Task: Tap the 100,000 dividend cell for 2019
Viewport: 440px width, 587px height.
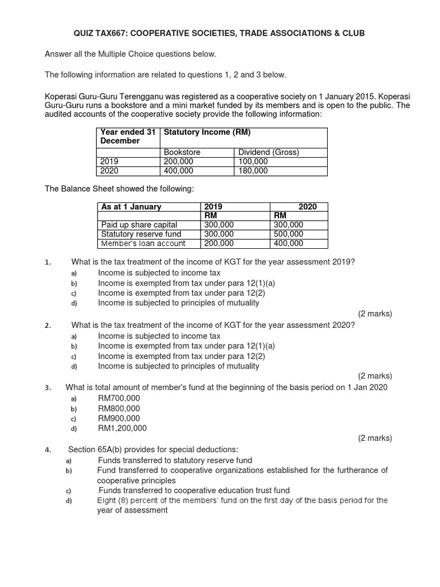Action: (253, 162)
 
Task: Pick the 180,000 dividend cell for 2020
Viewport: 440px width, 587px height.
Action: (253, 171)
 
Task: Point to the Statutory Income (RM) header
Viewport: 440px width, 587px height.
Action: (207, 132)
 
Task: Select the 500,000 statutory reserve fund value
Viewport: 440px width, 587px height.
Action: (289, 234)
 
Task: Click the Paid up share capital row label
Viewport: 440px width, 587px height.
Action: (139, 225)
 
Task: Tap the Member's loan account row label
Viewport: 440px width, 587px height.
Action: (143, 243)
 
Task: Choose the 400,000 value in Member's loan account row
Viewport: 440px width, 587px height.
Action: (289, 243)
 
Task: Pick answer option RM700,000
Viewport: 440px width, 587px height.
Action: (119, 398)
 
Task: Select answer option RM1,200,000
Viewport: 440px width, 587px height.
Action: (122, 428)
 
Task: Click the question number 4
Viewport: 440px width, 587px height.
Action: (48, 449)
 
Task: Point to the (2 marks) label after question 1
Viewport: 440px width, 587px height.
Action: (375, 314)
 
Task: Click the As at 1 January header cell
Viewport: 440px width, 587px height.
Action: (131, 206)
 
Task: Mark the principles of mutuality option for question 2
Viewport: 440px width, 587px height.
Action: (178, 366)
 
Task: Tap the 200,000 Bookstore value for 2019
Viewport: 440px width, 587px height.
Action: (179, 162)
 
